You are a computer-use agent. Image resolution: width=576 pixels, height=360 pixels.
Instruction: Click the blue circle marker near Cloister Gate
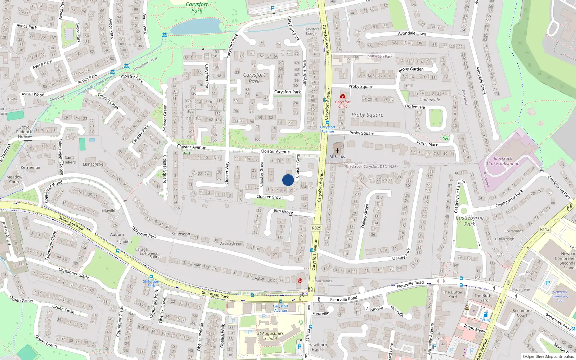coord(288,180)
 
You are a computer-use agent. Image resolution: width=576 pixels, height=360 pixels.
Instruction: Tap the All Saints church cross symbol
coord(337,151)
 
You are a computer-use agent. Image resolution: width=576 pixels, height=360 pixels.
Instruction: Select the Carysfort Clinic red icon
coord(343,96)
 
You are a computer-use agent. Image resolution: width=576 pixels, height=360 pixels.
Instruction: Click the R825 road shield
coord(316,228)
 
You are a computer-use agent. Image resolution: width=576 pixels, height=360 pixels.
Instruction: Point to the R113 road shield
coord(545,229)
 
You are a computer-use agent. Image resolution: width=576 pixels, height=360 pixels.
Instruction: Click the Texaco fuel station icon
coord(486,315)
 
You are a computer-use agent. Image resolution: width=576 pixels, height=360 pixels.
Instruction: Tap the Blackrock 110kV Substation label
coord(503,161)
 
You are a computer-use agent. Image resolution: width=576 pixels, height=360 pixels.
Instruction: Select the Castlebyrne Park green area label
coord(469,221)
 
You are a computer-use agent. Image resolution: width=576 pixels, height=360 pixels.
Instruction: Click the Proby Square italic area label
coord(367,115)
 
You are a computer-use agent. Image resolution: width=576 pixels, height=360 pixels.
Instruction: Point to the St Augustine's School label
coord(270,336)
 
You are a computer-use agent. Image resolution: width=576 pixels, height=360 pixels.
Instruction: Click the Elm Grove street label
coord(283,211)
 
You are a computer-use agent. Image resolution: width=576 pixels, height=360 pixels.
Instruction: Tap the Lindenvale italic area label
coord(429,100)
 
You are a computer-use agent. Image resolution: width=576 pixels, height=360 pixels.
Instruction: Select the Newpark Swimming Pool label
coord(560,296)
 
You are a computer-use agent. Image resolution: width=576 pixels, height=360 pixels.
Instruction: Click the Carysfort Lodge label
coord(311,31)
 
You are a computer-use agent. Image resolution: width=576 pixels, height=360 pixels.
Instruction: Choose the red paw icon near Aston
coord(300,280)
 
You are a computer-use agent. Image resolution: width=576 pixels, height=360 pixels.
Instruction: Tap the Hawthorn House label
coord(318,347)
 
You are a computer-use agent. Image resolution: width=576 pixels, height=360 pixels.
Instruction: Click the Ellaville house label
coord(108,211)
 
